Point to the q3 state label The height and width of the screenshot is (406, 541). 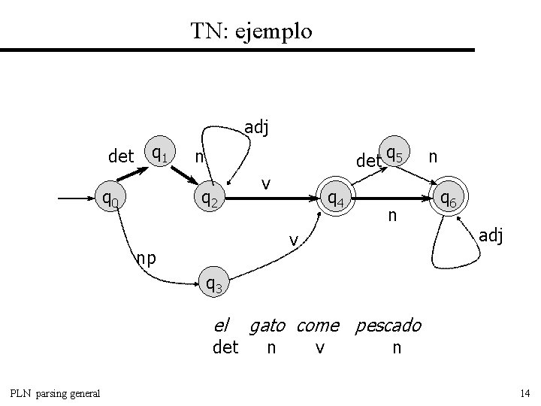click(213, 283)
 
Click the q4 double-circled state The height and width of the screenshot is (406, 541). click(334, 199)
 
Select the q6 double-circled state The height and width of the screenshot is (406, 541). click(450, 199)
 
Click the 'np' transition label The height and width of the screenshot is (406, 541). click(146, 258)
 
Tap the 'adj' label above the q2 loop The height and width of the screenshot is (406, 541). click(257, 128)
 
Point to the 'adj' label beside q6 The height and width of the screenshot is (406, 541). click(491, 236)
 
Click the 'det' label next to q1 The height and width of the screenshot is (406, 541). click(121, 157)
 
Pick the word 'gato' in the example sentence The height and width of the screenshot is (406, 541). click(267, 326)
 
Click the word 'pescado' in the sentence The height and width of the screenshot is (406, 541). click(388, 326)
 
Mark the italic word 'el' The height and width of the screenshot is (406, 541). click(222, 325)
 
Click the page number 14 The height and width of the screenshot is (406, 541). click(524, 393)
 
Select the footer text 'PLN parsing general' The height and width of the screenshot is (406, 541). click(55, 393)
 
